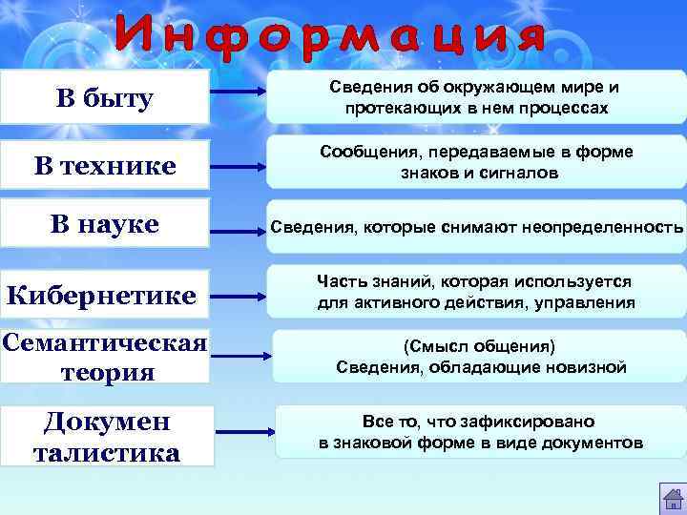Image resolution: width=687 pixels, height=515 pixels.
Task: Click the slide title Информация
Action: click(x=330, y=37)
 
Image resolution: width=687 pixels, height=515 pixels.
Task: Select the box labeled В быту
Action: click(x=106, y=97)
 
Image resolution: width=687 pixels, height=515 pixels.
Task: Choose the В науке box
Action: click(x=105, y=225)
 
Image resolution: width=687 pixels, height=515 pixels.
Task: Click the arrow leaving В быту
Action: click(x=238, y=93)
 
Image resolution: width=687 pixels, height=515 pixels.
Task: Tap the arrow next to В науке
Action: click(x=238, y=230)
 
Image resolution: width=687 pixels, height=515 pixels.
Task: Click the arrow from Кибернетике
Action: click(x=238, y=295)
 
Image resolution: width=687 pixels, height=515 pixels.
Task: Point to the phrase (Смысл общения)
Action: click(x=480, y=345)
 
